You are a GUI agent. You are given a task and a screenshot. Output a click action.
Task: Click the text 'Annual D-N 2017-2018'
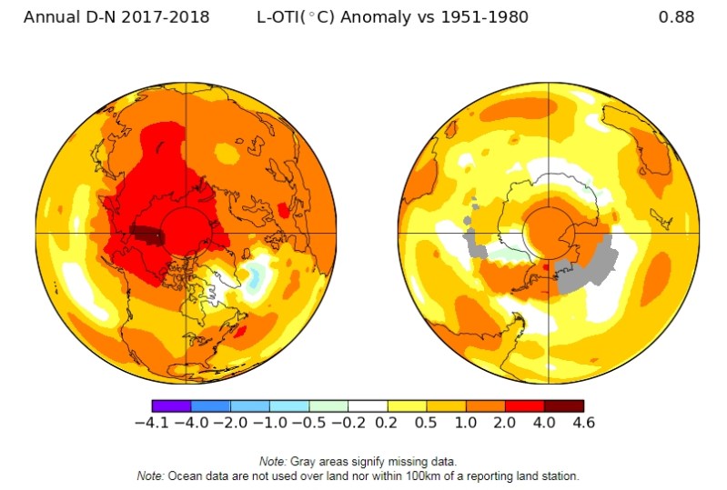pyautogui.click(x=116, y=17)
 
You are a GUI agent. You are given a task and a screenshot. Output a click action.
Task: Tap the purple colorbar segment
pyautogui.click(x=171, y=405)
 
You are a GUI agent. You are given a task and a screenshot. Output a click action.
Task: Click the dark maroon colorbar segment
pyautogui.click(x=563, y=405)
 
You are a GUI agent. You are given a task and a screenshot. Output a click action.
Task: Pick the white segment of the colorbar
pyautogui.click(x=368, y=405)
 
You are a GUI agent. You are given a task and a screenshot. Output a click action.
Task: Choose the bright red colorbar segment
pyautogui.click(x=524, y=405)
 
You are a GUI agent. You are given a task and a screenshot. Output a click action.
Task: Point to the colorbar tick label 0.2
pyautogui.click(x=388, y=423)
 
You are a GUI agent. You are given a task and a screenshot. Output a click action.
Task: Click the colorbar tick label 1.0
pyautogui.click(x=466, y=423)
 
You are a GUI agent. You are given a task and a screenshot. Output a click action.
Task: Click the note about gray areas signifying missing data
pyautogui.click(x=363, y=462)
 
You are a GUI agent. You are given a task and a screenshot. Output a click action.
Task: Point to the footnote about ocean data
pyautogui.click(x=363, y=475)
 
